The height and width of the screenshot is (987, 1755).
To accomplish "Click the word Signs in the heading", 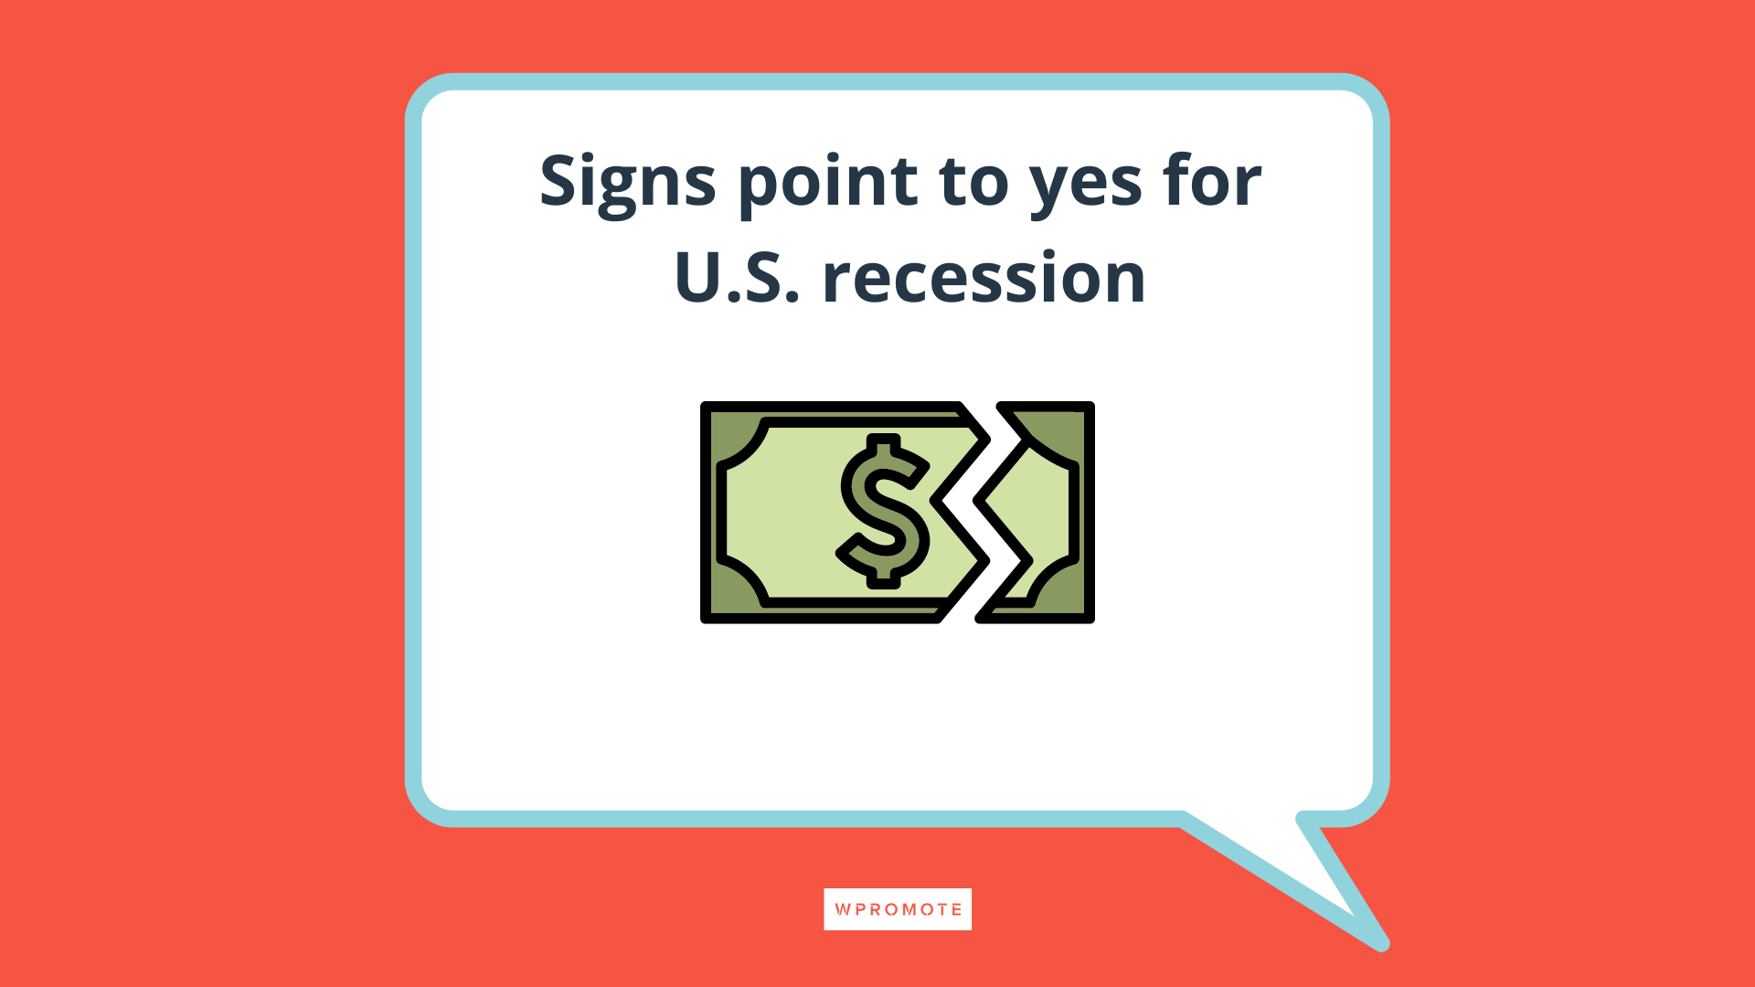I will (627, 181).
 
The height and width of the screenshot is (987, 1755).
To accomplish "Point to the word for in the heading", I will (1212, 181).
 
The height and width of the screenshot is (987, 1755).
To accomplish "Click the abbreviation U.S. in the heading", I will (737, 278).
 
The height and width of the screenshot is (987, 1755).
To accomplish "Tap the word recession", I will (984, 278).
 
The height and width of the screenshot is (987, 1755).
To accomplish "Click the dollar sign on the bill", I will (883, 511).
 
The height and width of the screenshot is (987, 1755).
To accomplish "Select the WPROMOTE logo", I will (898, 909).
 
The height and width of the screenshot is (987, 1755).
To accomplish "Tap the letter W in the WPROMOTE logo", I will (843, 909).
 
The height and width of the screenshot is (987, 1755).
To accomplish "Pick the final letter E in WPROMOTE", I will (956, 909).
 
